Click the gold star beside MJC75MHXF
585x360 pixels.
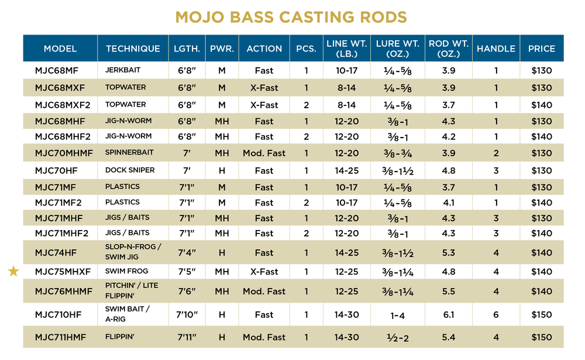[x=13, y=271]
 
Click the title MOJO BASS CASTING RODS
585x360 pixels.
[x=292, y=16]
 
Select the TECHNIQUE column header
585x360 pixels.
[x=133, y=49]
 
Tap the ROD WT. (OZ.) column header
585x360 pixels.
[x=448, y=49]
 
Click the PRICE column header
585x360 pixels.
[x=541, y=49]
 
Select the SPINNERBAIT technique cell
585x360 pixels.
[x=129, y=153]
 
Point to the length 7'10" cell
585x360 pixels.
[x=188, y=314]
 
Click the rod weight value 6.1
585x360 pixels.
[x=448, y=314]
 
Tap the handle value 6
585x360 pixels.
[x=495, y=314]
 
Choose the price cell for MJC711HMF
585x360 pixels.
[x=541, y=337]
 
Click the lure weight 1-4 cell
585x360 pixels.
[x=397, y=314]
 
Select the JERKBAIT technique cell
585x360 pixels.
[x=123, y=70]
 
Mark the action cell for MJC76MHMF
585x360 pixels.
[x=264, y=291]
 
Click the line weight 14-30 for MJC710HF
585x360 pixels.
[x=346, y=314]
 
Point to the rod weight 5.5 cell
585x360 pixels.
[x=448, y=291]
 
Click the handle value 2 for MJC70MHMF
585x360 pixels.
[x=495, y=153]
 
